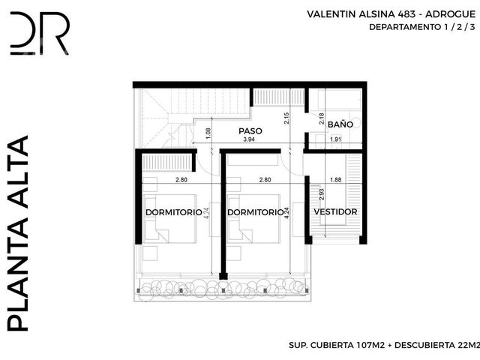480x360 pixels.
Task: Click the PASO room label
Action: (250, 131)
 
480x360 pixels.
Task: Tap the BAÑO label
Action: (340, 124)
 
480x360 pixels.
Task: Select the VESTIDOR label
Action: (335, 211)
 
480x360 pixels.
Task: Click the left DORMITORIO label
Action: (173, 212)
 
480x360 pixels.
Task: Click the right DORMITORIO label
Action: (256, 212)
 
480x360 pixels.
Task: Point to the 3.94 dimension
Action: (249, 139)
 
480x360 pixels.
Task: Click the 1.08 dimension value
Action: (208, 133)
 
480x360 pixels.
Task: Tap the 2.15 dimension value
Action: (286, 118)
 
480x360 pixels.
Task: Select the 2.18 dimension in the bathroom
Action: (322, 118)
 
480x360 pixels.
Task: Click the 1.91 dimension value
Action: (335, 139)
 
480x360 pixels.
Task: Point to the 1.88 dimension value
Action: (335, 180)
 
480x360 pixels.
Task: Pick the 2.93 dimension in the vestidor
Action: (322, 194)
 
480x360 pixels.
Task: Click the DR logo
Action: (40, 33)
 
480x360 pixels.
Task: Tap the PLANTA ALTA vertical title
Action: (18, 233)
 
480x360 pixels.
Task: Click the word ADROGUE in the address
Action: (450, 14)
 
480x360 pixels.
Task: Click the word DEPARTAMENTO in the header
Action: (405, 27)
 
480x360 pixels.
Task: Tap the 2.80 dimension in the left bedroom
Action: (181, 180)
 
